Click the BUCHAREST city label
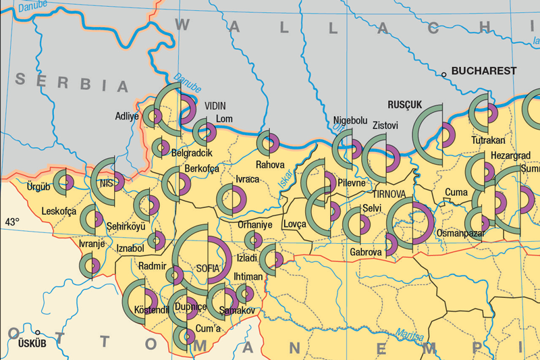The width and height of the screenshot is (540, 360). click(484, 71)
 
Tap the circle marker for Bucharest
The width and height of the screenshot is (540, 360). click(444, 74)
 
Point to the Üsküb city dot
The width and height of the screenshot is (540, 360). click(38, 333)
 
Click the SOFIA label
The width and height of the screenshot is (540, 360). click(208, 268)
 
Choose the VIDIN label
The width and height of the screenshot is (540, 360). click(215, 106)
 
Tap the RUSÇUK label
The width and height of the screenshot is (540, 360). click(405, 105)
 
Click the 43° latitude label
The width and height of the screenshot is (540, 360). click(13, 222)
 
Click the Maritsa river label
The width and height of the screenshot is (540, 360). click(410, 336)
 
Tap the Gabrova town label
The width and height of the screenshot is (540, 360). click(366, 252)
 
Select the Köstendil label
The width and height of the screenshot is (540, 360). click(151, 310)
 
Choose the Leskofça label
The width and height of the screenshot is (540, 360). click(59, 211)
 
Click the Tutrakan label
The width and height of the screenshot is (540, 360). click(488, 140)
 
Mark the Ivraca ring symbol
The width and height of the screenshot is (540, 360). click(232, 199)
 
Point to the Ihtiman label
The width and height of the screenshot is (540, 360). click(248, 276)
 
